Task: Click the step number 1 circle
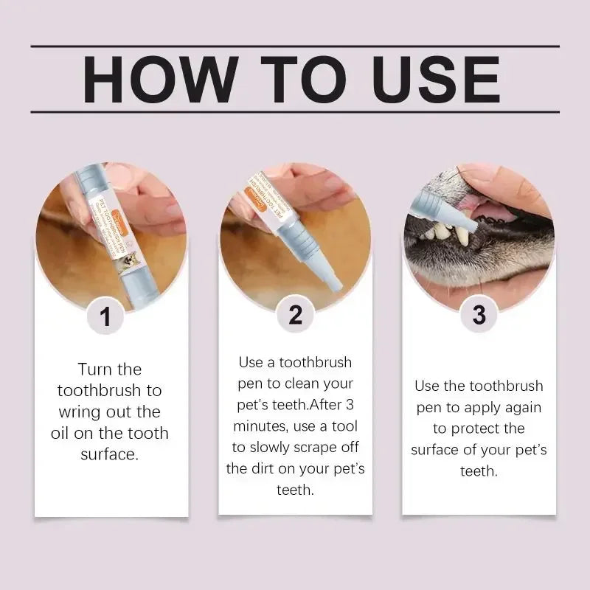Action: (106, 316)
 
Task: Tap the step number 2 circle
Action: (295, 315)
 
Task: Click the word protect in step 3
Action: (497, 428)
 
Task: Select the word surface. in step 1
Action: (109, 454)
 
